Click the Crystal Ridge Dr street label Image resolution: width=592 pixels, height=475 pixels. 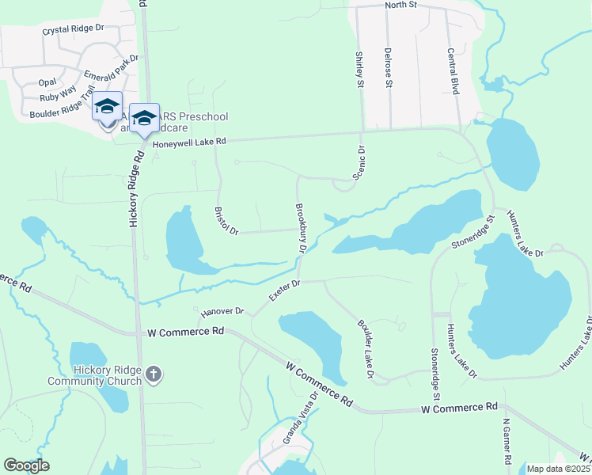(73, 29)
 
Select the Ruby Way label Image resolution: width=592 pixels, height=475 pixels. (56, 97)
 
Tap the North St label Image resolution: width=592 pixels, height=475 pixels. (400, 5)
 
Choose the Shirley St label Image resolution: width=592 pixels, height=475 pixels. (359, 69)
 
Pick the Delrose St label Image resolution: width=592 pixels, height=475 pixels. (389, 70)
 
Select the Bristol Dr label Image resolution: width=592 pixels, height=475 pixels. (226, 221)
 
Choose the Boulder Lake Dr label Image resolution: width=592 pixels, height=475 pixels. (365, 348)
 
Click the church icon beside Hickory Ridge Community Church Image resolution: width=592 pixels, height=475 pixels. (154, 374)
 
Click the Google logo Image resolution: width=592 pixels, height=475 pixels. (26, 465)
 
